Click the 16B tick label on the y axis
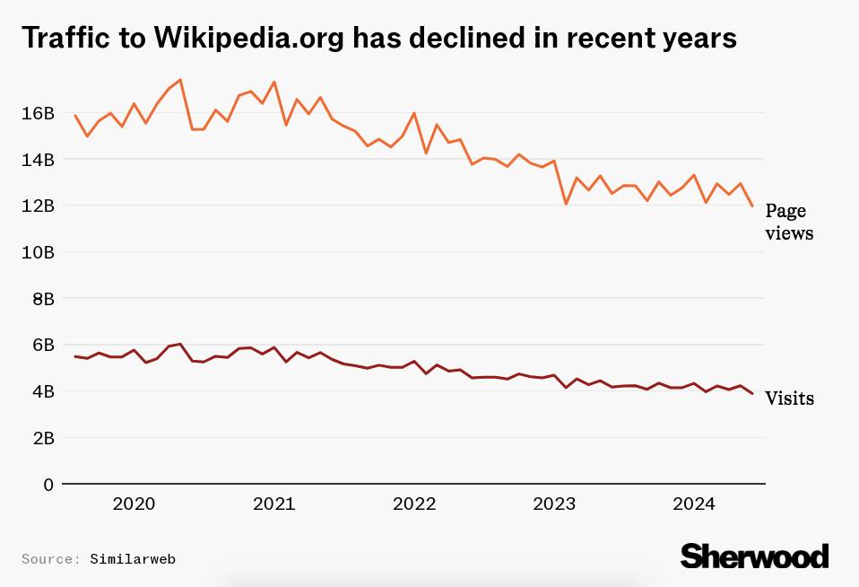[38, 113]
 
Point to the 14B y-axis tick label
[38, 160]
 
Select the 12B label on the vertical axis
[38, 206]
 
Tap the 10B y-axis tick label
[38, 252]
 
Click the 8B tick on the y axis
[42, 299]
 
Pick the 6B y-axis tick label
[42, 346]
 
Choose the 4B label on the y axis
[42, 391]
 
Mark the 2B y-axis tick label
[42, 438]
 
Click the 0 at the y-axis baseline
[48, 485]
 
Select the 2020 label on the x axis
[134, 504]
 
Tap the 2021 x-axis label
[273, 504]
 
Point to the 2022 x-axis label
[414, 504]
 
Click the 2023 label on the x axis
[554, 504]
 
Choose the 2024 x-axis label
[694, 504]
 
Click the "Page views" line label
[788, 222]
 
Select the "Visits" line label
[789, 399]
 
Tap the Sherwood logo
[754, 556]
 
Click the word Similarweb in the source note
[133, 559]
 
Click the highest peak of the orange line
[180, 80]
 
